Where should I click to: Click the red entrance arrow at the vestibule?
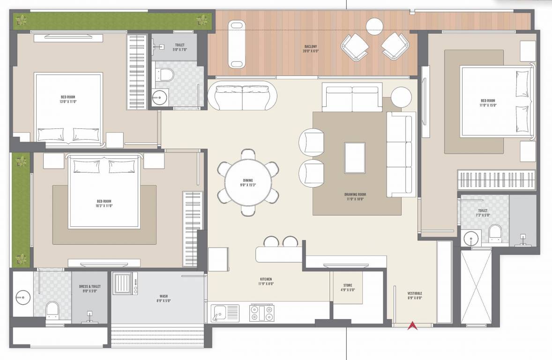412,325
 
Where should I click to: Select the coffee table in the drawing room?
355,157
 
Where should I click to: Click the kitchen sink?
225,312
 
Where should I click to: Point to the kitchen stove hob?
261,312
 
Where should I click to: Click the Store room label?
347,287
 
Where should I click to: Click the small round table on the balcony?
375,25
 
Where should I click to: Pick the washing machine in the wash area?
125,284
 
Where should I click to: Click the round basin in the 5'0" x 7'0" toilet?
159,98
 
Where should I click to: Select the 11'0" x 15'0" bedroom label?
488,103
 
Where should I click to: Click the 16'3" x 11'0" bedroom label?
104,203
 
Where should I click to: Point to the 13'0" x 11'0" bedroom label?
67,99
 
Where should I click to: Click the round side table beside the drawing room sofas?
401,97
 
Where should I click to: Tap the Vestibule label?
415,296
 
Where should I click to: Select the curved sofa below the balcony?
242,96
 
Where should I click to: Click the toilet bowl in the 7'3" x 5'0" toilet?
495,232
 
